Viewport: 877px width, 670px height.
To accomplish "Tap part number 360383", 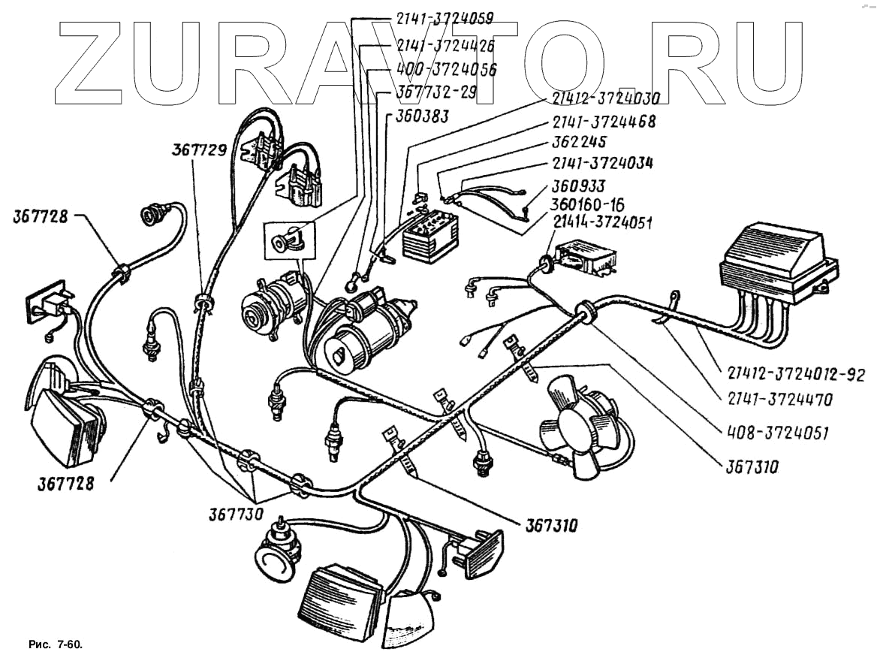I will pos(417,116).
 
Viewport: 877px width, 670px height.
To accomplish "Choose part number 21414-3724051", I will pos(603,222).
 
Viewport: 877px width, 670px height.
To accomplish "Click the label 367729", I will pos(199,150).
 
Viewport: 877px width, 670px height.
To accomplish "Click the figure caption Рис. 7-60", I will pos(55,645).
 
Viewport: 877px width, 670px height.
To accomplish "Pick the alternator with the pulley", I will pos(273,304).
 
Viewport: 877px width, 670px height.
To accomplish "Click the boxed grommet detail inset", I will pos(286,240).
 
